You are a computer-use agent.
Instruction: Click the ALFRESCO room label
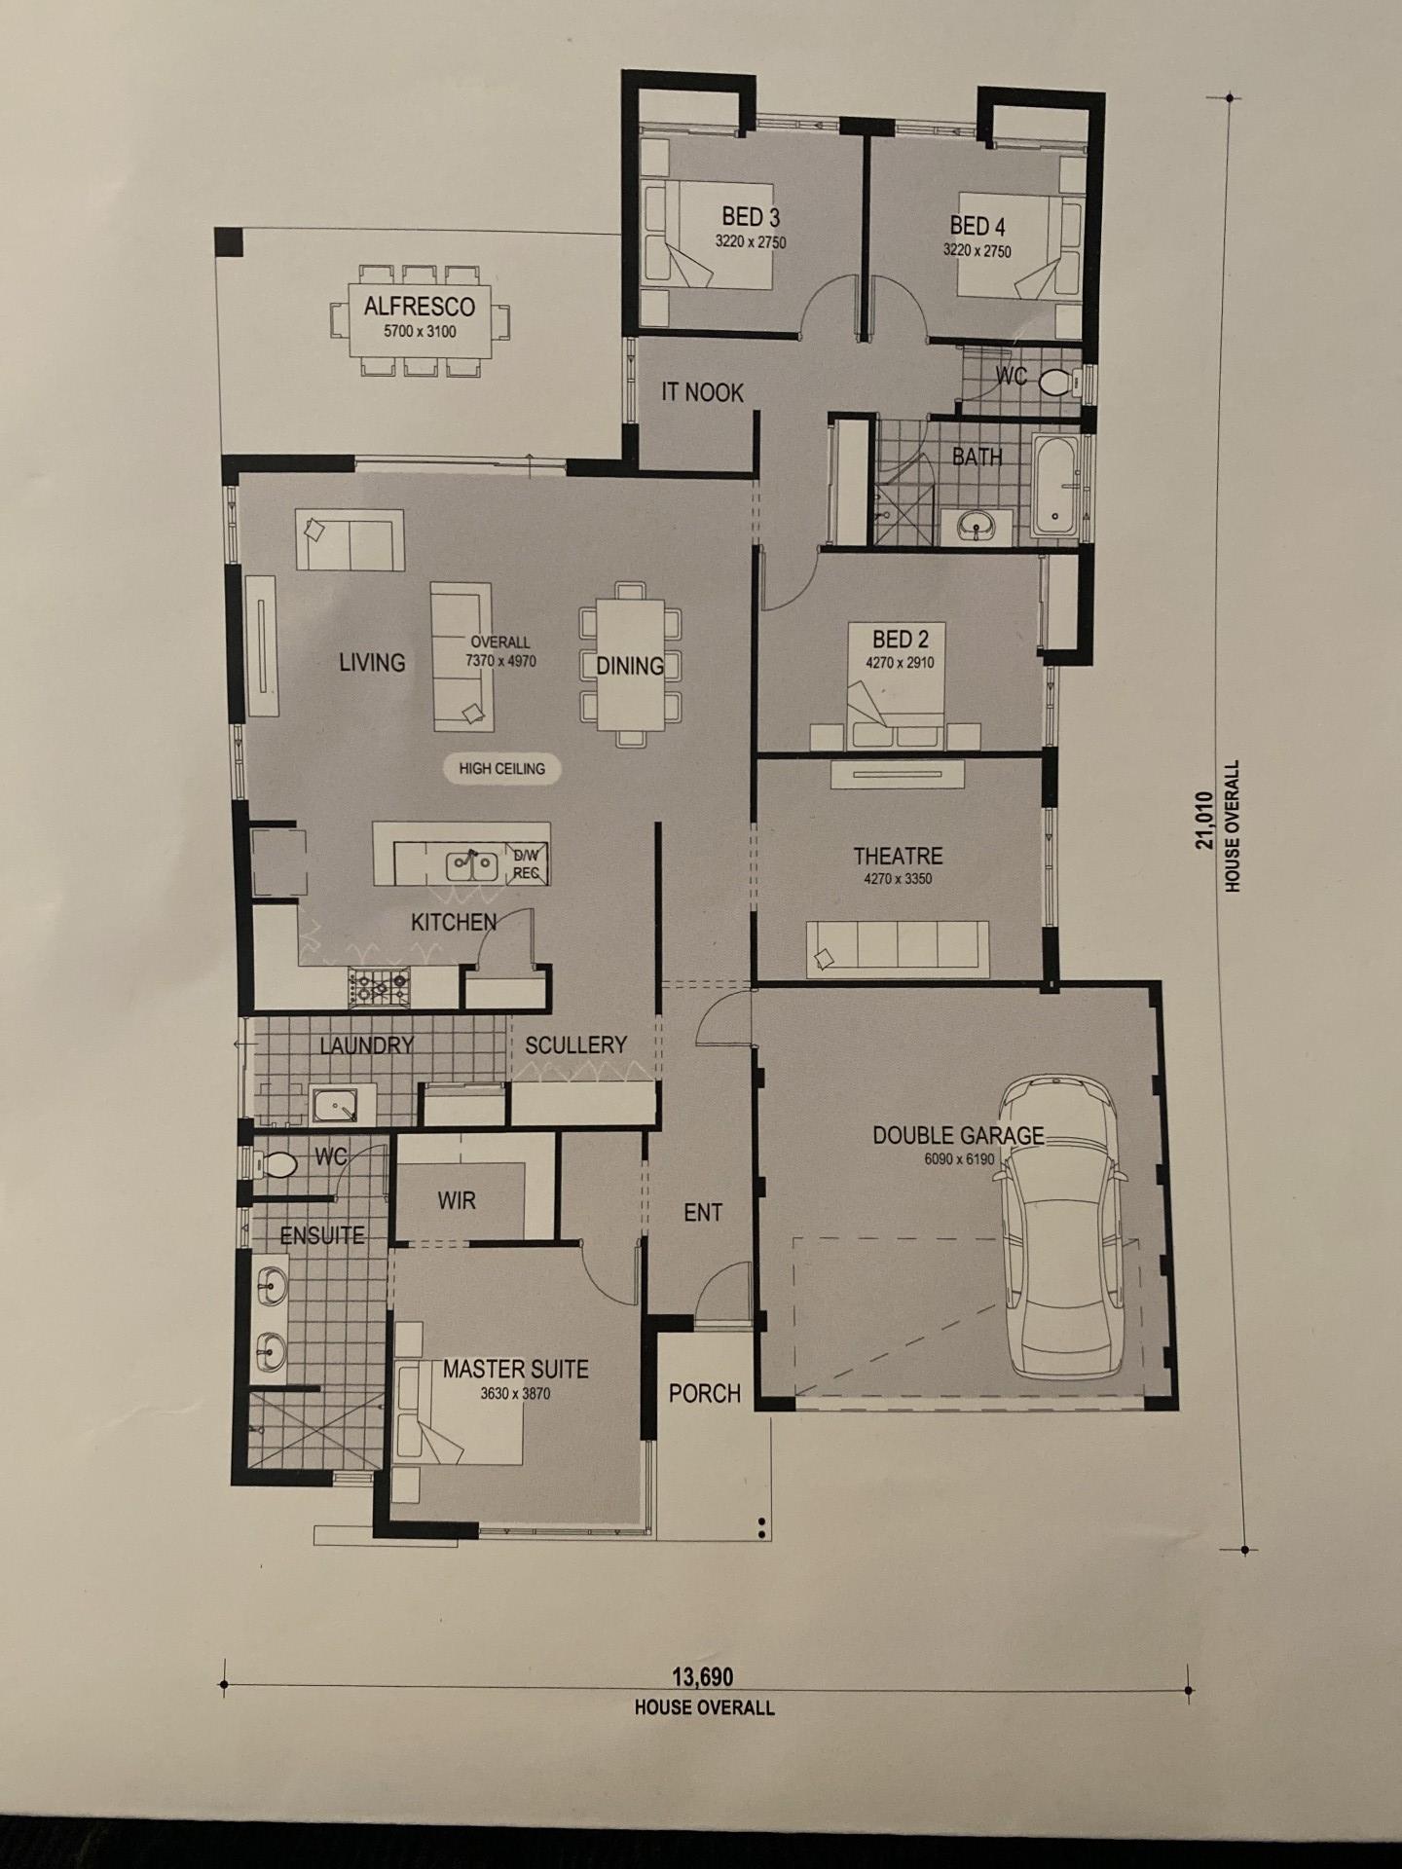[419, 307]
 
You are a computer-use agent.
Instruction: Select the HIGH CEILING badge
[502, 768]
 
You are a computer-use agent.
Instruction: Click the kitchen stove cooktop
[380, 988]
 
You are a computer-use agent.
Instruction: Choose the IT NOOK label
[702, 392]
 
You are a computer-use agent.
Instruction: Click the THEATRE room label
[898, 857]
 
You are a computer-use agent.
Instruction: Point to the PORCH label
[705, 1394]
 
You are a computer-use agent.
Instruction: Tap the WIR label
[457, 1200]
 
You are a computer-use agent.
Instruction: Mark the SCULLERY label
[575, 1045]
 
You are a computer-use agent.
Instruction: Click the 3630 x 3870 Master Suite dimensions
[515, 1394]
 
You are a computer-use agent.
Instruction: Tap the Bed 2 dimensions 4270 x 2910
[900, 664]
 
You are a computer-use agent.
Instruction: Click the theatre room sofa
[898, 949]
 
